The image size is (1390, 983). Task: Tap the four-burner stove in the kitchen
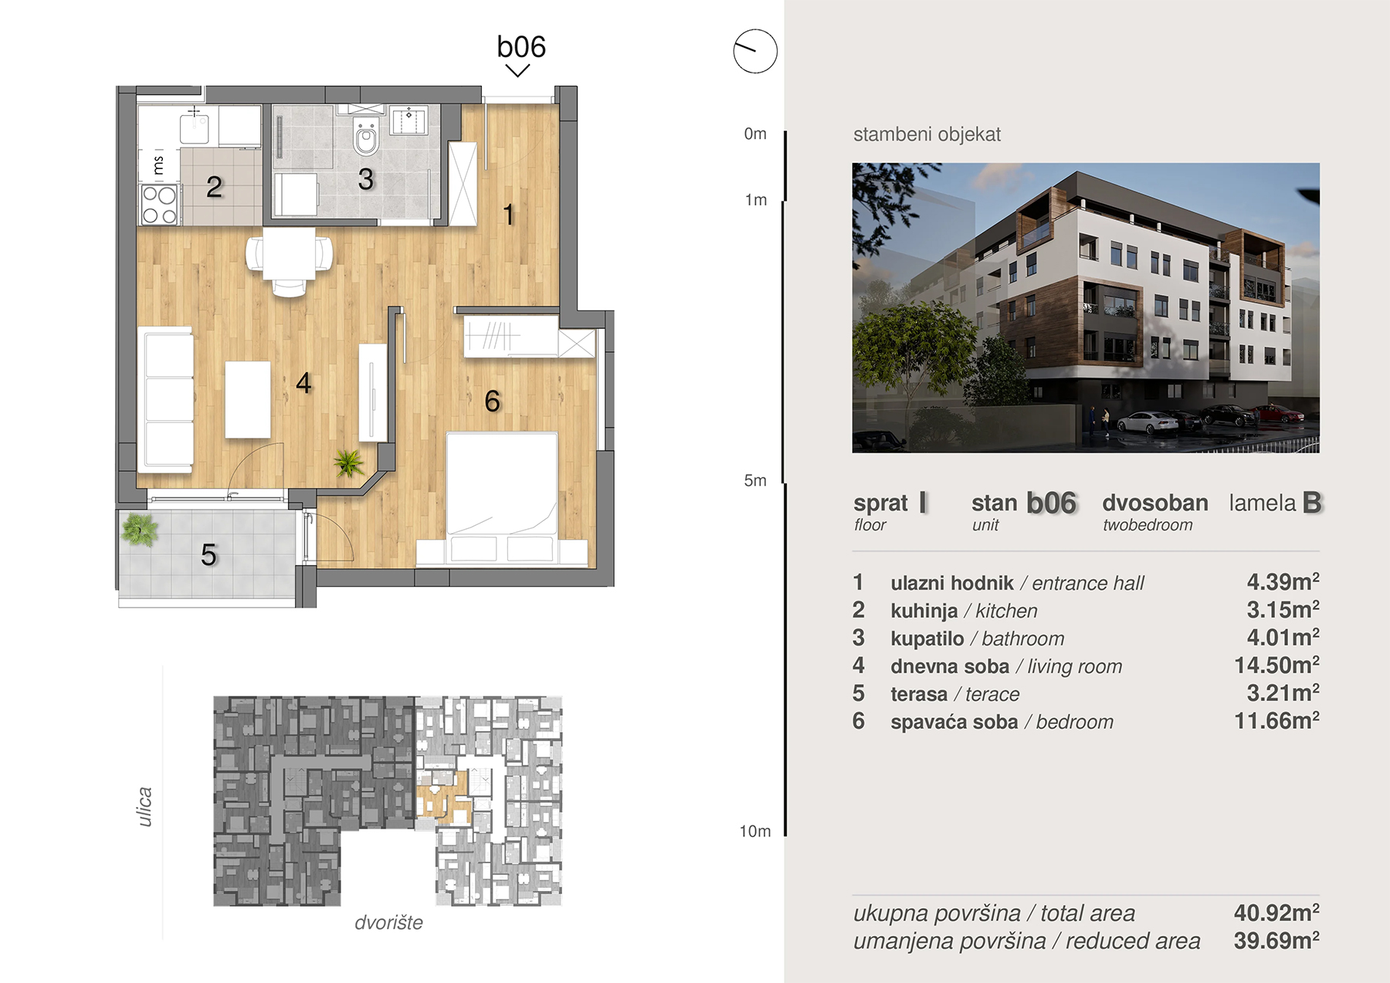159,205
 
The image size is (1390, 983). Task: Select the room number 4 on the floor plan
303,383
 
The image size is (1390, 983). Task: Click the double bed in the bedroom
502,498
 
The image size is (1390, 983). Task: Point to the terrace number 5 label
208,554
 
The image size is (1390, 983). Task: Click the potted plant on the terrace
139,530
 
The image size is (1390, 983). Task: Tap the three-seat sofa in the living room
165,399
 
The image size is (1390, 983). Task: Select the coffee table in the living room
248,400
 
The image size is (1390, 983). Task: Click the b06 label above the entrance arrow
521,47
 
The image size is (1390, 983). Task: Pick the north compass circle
755,52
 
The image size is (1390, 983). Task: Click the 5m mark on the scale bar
755,480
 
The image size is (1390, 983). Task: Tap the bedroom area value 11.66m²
1276,721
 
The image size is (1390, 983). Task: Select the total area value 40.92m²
1276,913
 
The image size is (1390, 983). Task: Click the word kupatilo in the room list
927,639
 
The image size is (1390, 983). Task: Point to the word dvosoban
1155,503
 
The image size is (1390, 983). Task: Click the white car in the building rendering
1148,423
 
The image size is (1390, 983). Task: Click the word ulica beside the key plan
144,807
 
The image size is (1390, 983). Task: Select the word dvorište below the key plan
388,923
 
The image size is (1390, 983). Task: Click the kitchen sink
194,125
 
